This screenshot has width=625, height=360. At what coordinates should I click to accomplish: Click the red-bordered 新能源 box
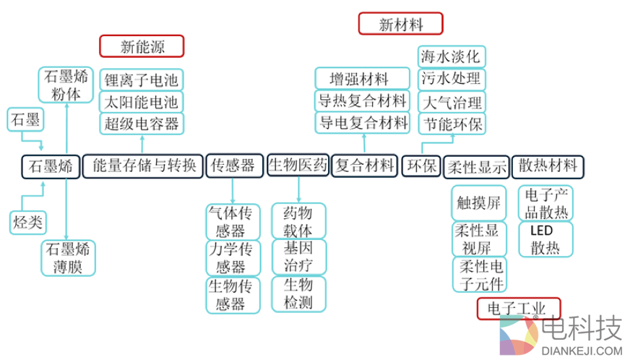pyautogui.click(x=142, y=47)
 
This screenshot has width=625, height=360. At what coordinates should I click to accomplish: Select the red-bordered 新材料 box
pyautogui.click(x=400, y=24)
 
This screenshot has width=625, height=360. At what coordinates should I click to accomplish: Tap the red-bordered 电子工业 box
pyautogui.click(x=519, y=309)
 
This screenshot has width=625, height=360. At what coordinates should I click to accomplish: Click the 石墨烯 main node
pyautogui.click(x=51, y=166)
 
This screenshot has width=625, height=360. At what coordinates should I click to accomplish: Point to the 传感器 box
pyautogui.click(x=233, y=166)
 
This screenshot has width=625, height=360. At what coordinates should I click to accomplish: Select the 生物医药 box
pyautogui.click(x=298, y=165)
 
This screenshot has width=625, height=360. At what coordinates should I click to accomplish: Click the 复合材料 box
pyautogui.click(x=366, y=166)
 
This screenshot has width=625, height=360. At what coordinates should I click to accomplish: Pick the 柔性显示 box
pyautogui.click(x=476, y=166)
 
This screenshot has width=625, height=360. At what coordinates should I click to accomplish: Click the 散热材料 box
pyautogui.click(x=548, y=166)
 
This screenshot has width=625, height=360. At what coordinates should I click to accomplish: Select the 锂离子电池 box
pyautogui.click(x=142, y=80)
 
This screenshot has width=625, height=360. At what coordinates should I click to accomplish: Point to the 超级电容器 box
pyautogui.click(x=142, y=123)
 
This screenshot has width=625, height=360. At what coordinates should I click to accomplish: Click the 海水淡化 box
pyautogui.click(x=452, y=56)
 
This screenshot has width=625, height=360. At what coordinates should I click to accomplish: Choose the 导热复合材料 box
pyautogui.click(x=363, y=100)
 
